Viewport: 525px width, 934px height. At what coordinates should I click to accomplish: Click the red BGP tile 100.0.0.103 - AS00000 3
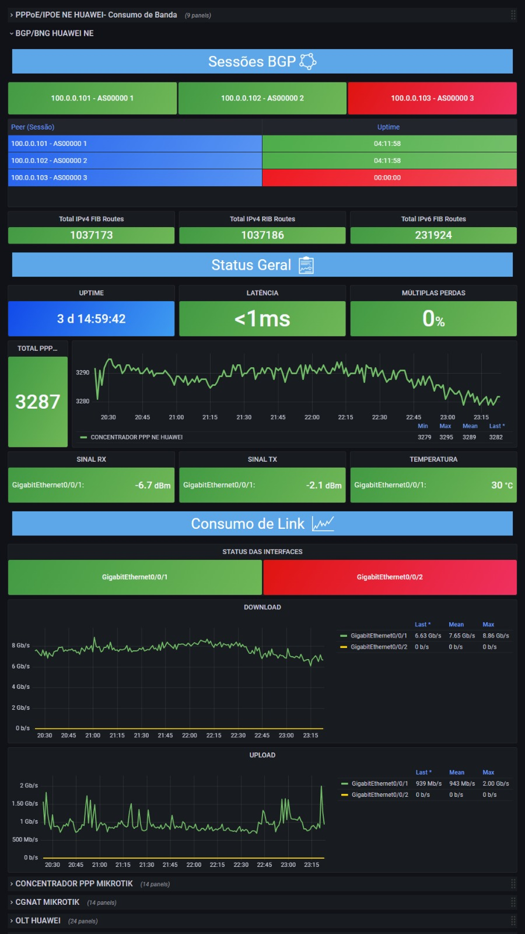point(432,98)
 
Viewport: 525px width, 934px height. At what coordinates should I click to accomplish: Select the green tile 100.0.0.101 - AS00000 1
point(92,98)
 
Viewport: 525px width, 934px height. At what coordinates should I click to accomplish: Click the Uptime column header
point(388,127)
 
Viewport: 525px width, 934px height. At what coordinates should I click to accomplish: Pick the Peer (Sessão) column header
point(33,127)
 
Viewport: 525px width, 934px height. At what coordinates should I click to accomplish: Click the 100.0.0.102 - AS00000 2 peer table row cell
point(135,161)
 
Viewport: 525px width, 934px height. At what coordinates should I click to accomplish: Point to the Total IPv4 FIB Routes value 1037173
point(91,235)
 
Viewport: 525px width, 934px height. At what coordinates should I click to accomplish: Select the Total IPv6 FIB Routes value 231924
point(433,235)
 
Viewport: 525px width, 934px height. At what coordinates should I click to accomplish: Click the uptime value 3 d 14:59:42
point(91,319)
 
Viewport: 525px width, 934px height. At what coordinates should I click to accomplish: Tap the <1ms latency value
point(262,319)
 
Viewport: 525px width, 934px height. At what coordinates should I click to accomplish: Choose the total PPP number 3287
point(37,402)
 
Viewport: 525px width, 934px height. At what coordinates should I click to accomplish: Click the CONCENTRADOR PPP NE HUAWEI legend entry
point(131,437)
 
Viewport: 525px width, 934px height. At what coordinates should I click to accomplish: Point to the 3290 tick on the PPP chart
point(82,372)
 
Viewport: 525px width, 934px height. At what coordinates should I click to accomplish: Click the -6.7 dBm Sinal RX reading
point(152,485)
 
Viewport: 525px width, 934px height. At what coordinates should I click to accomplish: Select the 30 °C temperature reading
point(502,485)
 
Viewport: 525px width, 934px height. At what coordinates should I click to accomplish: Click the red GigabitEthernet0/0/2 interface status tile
point(390,577)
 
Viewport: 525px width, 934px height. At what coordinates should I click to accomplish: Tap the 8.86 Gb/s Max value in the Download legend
point(496,636)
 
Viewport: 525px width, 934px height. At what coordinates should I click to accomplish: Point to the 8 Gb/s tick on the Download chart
point(21,646)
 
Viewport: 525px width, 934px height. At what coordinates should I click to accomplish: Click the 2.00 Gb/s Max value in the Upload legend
point(496,783)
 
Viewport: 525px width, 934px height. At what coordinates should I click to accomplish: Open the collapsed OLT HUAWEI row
point(38,920)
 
